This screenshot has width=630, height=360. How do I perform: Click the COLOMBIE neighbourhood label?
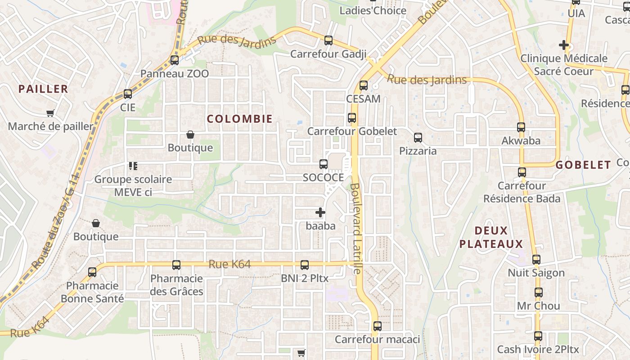(239, 119)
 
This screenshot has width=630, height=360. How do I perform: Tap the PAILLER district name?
(43, 89)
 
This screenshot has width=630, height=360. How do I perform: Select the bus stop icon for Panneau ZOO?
(175, 60)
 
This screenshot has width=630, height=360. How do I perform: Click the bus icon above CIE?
(128, 94)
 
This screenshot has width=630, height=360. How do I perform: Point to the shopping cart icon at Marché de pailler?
(50, 113)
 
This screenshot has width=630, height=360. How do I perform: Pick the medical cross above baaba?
(320, 212)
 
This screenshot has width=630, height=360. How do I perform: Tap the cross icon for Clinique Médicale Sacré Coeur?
(563, 45)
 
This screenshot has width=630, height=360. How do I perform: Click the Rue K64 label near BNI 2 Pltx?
(229, 264)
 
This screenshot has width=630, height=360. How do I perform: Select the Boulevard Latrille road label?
(356, 228)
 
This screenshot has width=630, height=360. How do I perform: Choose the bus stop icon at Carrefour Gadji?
(328, 40)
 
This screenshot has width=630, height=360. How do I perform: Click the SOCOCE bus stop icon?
(323, 164)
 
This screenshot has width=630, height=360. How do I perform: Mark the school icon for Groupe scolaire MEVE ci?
(133, 166)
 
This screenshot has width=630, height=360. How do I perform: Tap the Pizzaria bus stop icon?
(418, 137)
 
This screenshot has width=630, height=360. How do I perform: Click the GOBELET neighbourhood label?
(583, 165)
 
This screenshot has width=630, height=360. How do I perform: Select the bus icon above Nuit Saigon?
(536, 260)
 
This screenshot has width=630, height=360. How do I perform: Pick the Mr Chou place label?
(538, 306)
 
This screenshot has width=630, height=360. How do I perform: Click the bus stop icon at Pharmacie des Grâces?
(176, 265)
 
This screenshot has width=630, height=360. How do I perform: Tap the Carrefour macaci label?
(377, 339)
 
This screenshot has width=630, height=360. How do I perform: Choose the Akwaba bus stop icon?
(521, 127)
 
